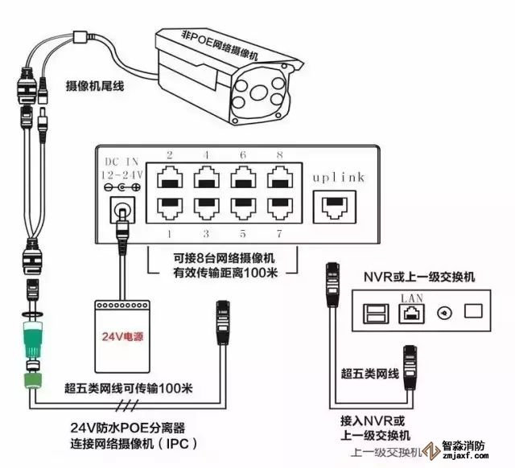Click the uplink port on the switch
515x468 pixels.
[335, 205]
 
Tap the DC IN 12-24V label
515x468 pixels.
[122, 166]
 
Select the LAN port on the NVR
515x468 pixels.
[410, 312]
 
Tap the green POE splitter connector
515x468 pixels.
[32, 339]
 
